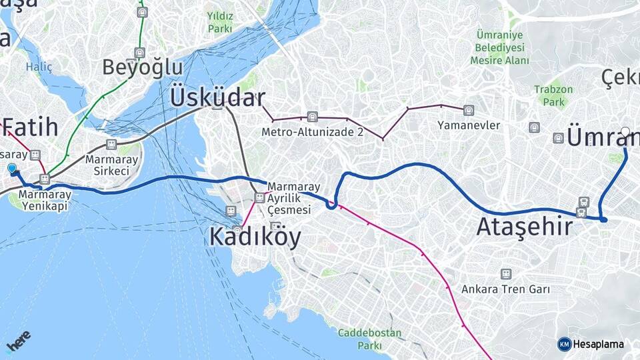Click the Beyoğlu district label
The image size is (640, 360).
pyautogui.click(x=142, y=67)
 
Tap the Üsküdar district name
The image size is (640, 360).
pyautogui.click(x=217, y=97)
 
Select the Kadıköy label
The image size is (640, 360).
pyautogui.click(x=255, y=237)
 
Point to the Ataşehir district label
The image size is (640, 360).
pyautogui.click(x=524, y=227)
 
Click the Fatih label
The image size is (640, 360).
pyautogui.click(x=31, y=127)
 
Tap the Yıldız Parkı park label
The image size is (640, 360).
pyautogui.click(x=219, y=22)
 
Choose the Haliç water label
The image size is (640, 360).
pyautogui.click(x=39, y=67)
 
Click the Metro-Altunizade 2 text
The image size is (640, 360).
pyautogui.click(x=312, y=132)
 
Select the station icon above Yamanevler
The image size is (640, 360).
pyautogui.click(x=469, y=110)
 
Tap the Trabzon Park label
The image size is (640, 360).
pyautogui.click(x=553, y=96)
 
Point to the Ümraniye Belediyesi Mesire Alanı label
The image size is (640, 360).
pyautogui.click(x=500, y=47)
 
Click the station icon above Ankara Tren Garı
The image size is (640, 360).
pyautogui.click(x=506, y=274)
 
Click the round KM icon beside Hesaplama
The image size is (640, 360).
pyautogui.click(x=564, y=344)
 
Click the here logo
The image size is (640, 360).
pyautogui.click(x=19, y=341)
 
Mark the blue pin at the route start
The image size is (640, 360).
pyautogui.click(x=12, y=169)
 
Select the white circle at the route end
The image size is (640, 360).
pyautogui.click(x=625, y=132)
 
